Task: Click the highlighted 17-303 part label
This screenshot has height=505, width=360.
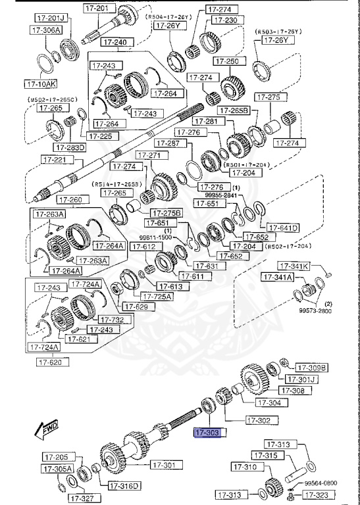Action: [206, 433]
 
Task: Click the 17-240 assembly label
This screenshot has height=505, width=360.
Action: [116, 42]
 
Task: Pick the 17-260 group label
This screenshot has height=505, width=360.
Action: [71, 199]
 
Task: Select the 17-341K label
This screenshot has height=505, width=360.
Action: [294, 266]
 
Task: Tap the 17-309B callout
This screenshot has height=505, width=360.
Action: [311, 367]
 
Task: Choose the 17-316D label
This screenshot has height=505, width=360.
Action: [122, 486]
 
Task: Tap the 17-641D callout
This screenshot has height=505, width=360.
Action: [283, 228]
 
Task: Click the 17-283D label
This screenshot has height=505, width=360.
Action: [70, 147]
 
